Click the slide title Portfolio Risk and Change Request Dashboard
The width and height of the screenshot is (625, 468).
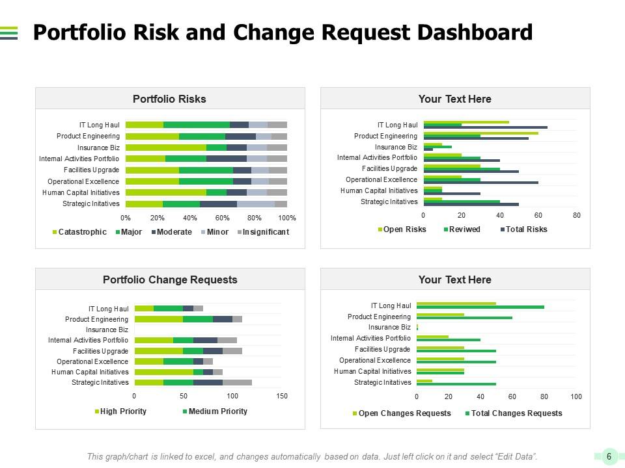pos(283,32)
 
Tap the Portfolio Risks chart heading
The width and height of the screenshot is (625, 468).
pos(169,99)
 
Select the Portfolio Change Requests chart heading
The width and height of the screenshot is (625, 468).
pos(170,279)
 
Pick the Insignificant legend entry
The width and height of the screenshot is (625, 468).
pos(265,232)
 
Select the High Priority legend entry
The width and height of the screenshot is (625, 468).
pos(123,411)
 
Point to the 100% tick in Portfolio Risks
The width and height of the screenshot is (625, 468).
pos(287,218)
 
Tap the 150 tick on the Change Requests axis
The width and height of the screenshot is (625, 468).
pos(283,395)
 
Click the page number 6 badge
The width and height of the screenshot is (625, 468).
pos(609,456)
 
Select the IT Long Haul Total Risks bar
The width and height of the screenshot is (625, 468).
pos(485,127)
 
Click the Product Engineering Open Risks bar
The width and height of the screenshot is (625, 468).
pos(480,133)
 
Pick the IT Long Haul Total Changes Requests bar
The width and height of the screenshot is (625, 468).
pos(480,307)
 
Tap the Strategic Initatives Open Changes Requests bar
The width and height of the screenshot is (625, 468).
pos(424,381)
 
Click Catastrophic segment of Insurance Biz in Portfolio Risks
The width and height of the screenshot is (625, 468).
pos(165,148)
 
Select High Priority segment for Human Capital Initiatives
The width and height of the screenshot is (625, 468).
pos(163,372)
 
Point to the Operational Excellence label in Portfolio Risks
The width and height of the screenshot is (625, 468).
pos(83,181)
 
